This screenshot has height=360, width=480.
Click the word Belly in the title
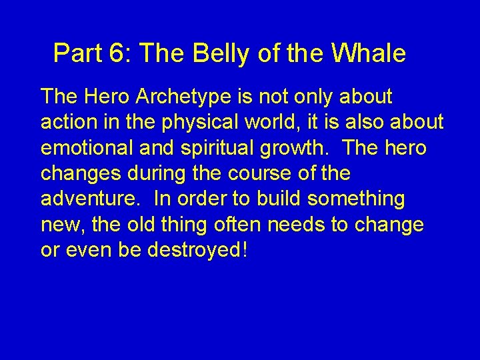(x=220, y=53)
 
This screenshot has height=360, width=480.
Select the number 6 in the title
(x=117, y=53)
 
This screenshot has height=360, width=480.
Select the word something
(x=360, y=199)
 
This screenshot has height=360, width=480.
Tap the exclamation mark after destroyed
(x=245, y=250)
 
